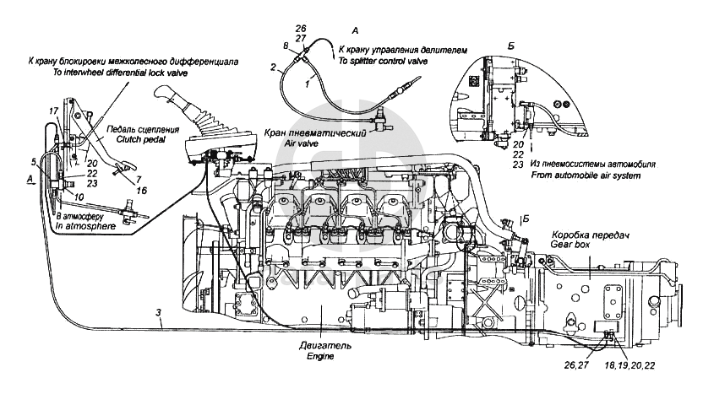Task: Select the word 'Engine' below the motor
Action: tap(320, 357)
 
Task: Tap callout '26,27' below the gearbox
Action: tap(566, 364)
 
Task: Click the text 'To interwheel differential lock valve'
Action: tap(117, 73)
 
